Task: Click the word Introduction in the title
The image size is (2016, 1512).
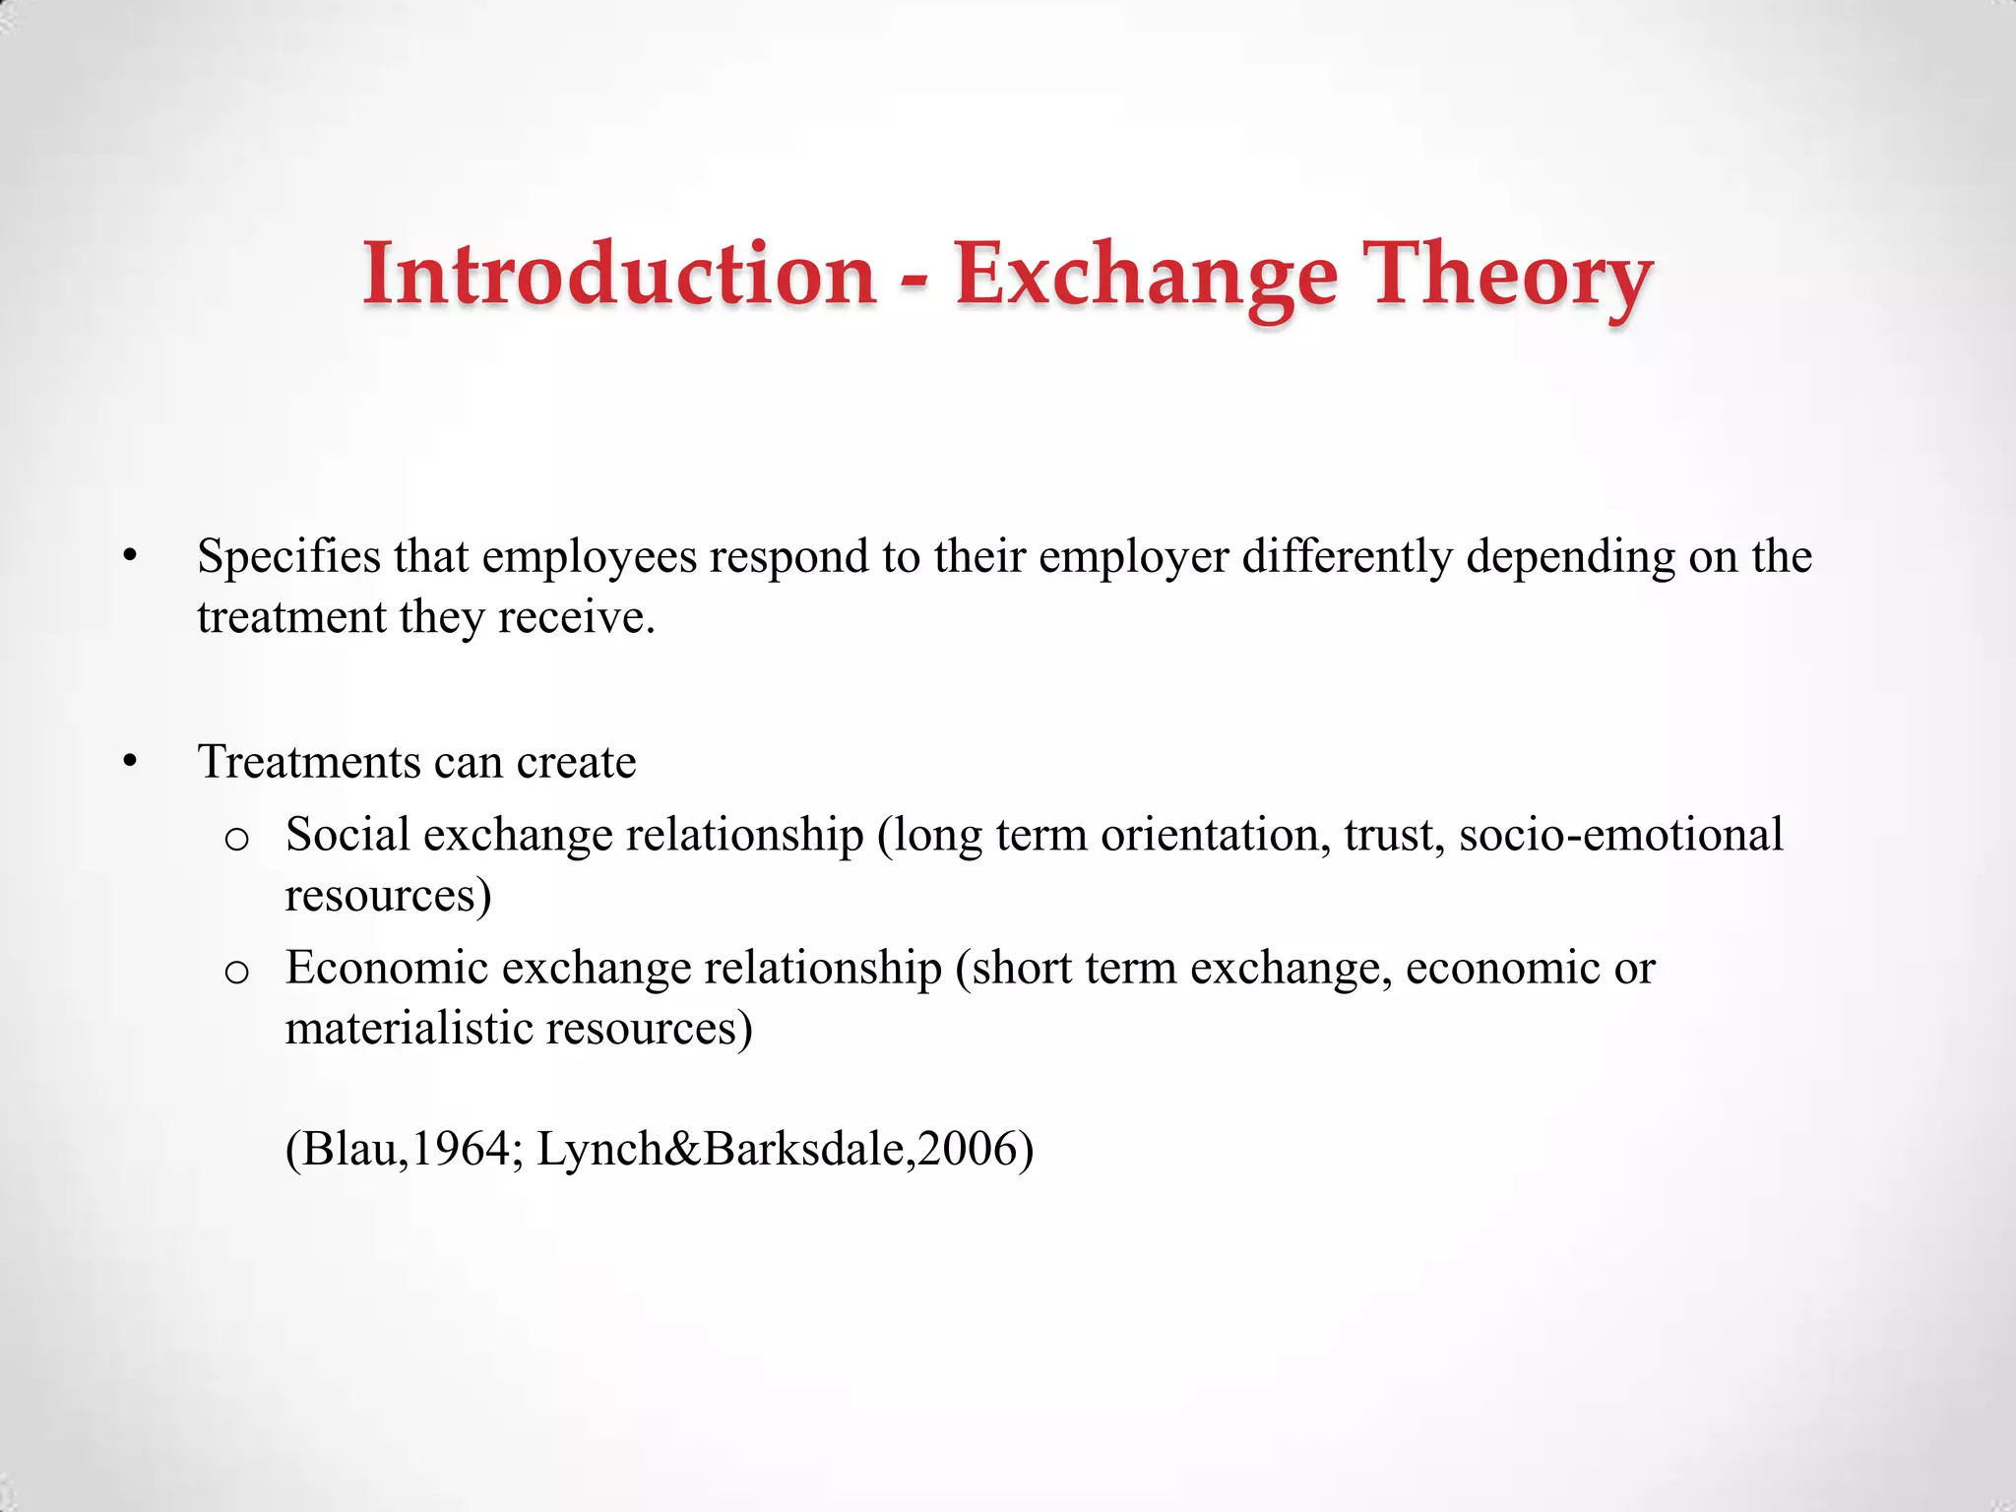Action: point(619,274)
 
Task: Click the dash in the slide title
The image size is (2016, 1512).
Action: point(914,281)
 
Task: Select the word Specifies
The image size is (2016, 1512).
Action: point(288,557)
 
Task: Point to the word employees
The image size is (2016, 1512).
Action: point(589,557)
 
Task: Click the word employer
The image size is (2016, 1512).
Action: point(1133,557)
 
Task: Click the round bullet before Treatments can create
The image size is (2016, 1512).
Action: point(130,763)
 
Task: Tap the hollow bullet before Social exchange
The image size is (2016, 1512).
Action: point(236,839)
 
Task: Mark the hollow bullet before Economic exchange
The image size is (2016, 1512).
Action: point(236,972)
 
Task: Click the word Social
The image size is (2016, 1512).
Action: point(347,835)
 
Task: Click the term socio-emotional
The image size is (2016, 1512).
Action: point(1620,835)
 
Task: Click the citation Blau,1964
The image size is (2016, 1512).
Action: point(404,1149)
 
